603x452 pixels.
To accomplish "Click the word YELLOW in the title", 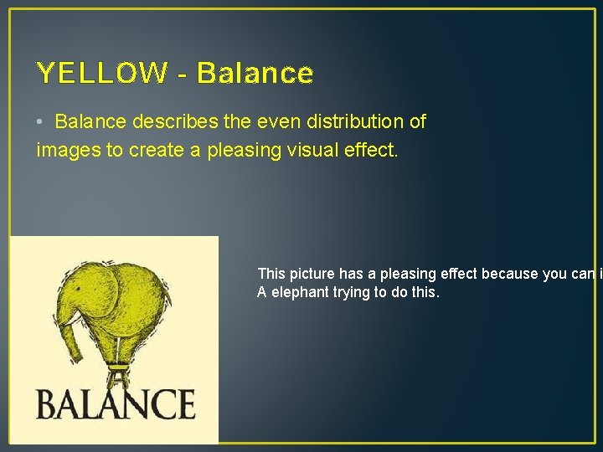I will (x=101, y=74).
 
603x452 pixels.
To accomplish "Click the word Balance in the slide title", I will (x=255, y=74).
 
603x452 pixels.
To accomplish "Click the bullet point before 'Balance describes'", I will (x=40, y=122).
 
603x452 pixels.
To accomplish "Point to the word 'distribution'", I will (x=351, y=121).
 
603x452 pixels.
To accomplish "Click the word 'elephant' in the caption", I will (x=301, y=292).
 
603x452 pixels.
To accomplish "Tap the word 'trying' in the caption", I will (x=358, y=292).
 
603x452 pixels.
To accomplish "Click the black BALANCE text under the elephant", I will (x=115, y=404).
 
